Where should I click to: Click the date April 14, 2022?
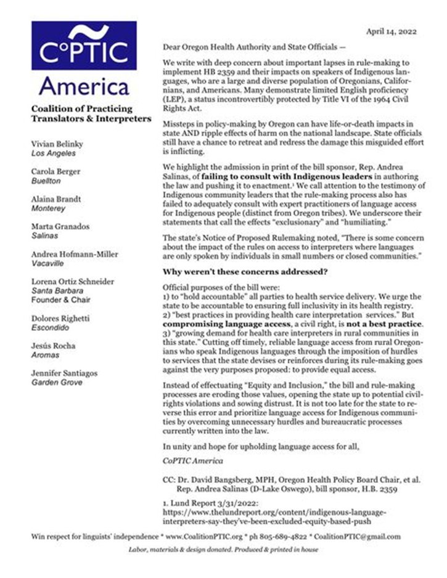click(392, 31)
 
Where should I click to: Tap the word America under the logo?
click(84, 85)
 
